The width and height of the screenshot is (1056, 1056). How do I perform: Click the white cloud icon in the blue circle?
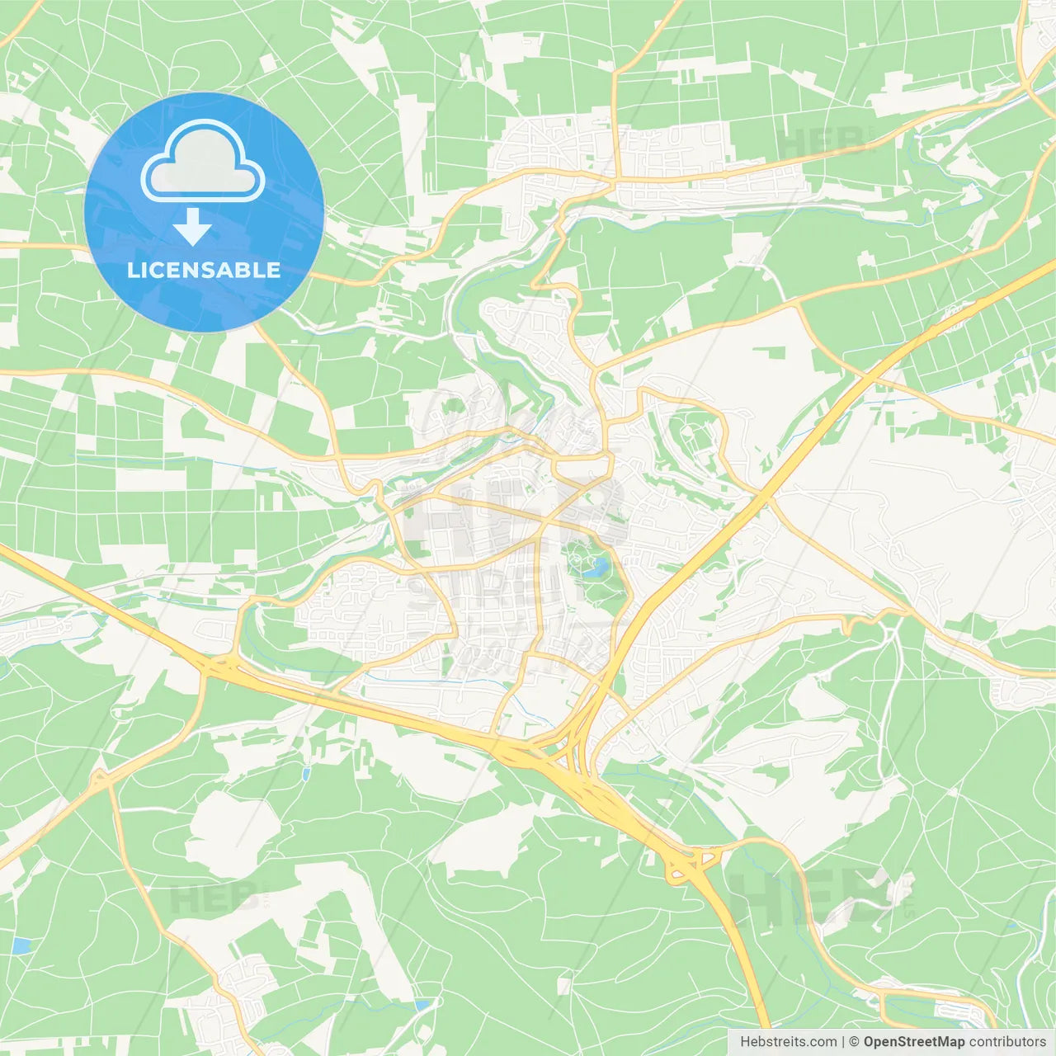(x=203, y=161)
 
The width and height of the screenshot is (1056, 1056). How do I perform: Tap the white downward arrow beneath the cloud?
(x=193, y=226)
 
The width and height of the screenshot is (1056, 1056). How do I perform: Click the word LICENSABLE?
(x=204, y=270)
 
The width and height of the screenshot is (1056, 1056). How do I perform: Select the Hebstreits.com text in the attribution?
(x=788, y=1042)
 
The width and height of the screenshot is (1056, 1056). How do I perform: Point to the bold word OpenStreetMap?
(x=913, y=1042)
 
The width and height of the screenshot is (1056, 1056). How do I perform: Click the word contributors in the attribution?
(x=1007, y=1042)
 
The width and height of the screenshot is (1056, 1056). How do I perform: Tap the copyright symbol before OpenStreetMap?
(x=854, y=1042)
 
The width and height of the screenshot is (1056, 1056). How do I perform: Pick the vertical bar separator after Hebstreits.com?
(x=843, y=1042)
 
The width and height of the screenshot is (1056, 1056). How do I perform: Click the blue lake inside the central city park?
(x=596, y=567)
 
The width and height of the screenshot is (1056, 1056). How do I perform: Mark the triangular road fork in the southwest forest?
(x=101, y=778)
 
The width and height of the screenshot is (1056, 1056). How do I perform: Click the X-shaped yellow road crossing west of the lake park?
(x=540, y=528)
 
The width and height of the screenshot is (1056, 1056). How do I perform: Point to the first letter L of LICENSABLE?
(x=132, y=270)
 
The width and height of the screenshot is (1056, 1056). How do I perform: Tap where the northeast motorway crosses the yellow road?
(x=766, y=497)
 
